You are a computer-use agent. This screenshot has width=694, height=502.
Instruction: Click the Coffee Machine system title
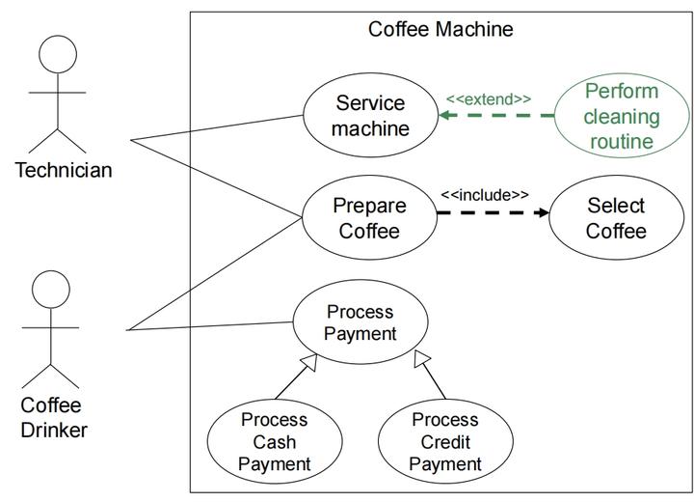(x=440, y=29)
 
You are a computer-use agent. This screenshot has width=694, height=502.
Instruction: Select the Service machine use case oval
(x=371, y=115)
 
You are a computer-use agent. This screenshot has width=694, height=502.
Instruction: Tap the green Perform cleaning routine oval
(x=622, y=117)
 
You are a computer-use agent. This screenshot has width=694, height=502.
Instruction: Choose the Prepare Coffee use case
(x=370, y=218)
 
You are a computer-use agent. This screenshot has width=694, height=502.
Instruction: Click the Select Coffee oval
(x=616, y=218)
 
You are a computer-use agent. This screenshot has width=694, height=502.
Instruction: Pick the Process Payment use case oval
(x=360, y=323)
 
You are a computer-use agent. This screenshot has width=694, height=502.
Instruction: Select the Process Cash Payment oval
(x=274, y=442)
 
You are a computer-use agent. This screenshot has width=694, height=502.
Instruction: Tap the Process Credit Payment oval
(x=444, y=442)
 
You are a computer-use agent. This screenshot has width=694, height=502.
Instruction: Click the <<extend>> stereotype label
(x=488, y=98)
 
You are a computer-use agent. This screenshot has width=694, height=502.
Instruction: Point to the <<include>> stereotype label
(x=484, y=195)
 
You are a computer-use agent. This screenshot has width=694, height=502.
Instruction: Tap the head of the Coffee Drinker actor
(x=51, y=289)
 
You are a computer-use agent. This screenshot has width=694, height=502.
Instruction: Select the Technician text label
(x=64, y=171)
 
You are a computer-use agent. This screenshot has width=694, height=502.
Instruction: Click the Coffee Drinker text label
(x=53, y=417)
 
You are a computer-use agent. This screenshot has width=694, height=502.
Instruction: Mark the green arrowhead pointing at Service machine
(x=445, y=116)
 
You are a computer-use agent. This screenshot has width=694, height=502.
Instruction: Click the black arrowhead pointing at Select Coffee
(x=542, y=211)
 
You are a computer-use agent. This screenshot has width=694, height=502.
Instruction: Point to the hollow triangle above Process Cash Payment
(x=308, y=362)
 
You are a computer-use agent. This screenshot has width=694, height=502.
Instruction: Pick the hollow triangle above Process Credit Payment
(x=421, y=360)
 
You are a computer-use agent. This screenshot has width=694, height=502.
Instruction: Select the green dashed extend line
(x=501, y=116)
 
